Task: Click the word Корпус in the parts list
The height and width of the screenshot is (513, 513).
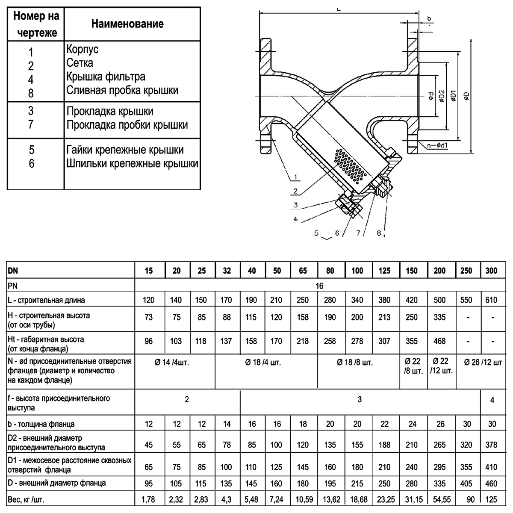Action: [x=83, y=49]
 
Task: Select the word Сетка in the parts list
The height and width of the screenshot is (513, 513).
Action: [x=80, y=63]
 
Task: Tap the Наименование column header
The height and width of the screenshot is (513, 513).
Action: [x=127, y=24]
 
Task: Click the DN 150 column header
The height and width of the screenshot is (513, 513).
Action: [x=412, y=271]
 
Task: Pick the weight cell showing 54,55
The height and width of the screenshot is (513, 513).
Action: [x=439, y=499]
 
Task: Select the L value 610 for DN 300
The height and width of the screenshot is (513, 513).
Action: [x=492, y=300]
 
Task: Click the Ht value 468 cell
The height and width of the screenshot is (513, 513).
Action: [x=439, y=341]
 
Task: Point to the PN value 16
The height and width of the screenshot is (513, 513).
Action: [x=320, y=286]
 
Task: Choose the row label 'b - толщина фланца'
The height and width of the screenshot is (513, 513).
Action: [x=41, y=424]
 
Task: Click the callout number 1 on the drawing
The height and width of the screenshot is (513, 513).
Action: [x=295, y=177]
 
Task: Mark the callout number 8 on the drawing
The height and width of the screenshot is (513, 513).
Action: [x=379, y=233]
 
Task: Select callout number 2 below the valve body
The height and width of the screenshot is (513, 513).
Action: [x=295, y=191]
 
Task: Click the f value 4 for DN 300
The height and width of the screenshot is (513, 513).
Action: [x=492, y=401]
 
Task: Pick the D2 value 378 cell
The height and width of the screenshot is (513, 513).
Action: [x=492, y=445]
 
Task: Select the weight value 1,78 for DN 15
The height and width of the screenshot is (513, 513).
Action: [x=149, y=499]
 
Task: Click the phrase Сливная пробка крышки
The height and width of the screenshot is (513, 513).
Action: [x=122, y=91]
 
